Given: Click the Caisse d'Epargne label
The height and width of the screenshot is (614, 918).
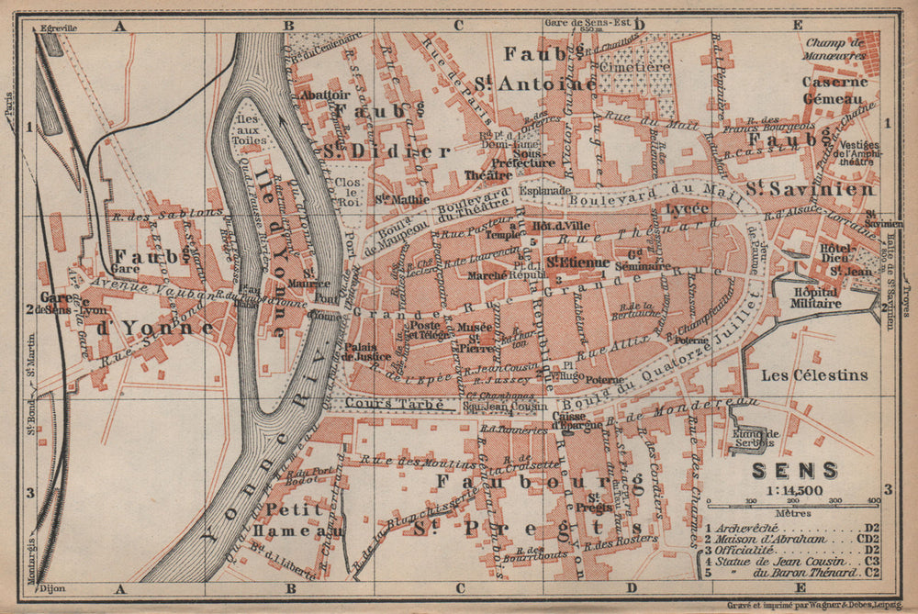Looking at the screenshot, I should [577, 420].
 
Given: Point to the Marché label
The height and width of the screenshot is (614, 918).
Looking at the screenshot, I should [486, 274].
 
